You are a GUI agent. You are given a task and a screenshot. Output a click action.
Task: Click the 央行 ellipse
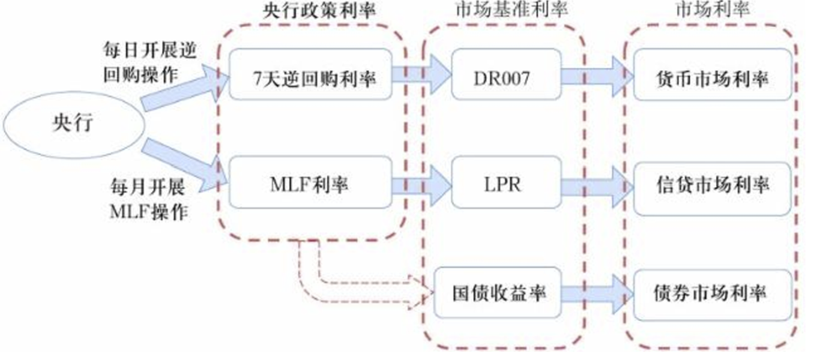74,125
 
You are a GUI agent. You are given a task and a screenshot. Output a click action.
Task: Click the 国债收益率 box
498,293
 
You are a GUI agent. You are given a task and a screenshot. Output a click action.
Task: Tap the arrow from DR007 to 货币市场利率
597,76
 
